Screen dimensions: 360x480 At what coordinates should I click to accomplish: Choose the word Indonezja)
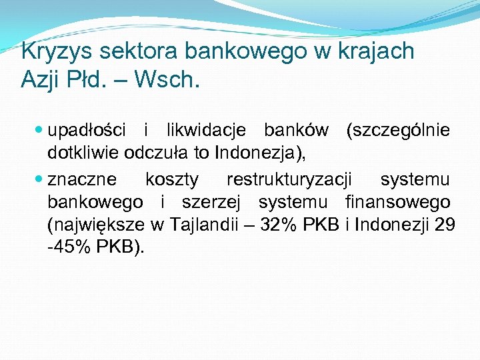click(260, 153)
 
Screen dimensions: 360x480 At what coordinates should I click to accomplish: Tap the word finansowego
click(398, 201)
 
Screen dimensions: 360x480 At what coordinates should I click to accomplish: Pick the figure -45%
click(69, 247)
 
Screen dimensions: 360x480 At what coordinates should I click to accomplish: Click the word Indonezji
click(393, 224)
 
